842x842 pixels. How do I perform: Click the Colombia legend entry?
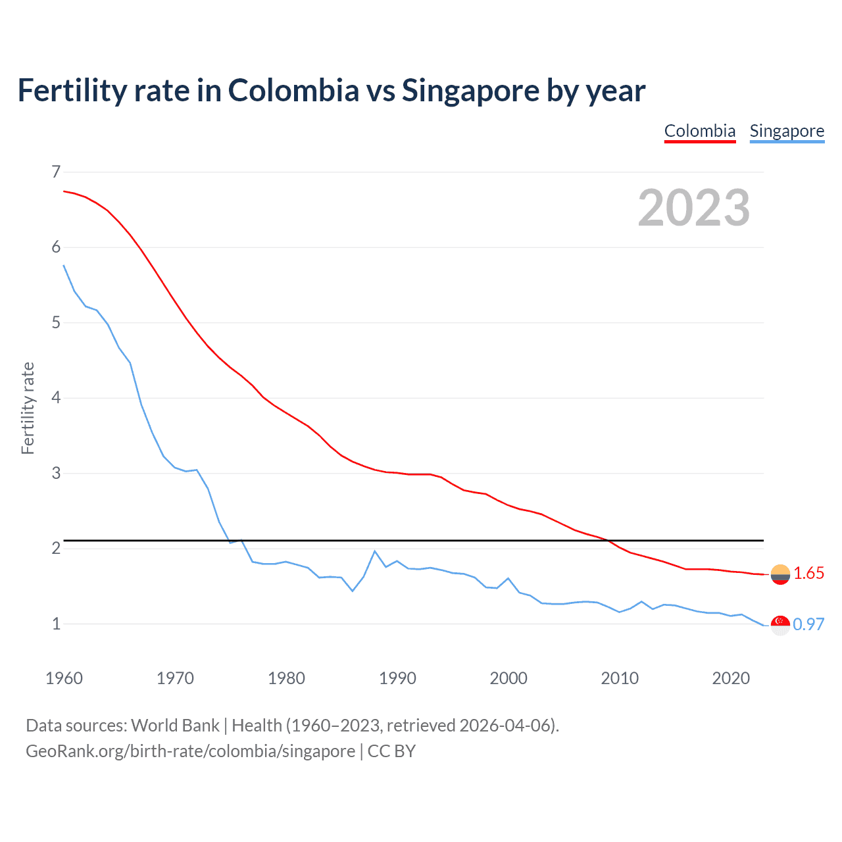coord(699,131)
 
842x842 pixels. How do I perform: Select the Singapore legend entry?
coord(787,131)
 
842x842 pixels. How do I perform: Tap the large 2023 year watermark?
coord(693,208)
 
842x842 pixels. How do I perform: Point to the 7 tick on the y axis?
coord(56,172)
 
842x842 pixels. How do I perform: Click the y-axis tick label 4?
coord(56,398)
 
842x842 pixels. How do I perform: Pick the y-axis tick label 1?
coord(56,624)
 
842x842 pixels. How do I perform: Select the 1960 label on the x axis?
coord(64,678)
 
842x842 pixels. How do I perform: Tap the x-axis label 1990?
coord(397,678)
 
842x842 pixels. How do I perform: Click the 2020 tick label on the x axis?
coord(731,678)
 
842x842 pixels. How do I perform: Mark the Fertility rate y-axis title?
coord(28,408)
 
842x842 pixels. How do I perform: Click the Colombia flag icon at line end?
coord(780,574)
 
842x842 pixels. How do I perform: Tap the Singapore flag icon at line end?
coord(780,625)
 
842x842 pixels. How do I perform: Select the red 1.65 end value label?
coord(808,574)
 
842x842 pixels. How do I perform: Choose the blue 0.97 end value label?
coord(808,624)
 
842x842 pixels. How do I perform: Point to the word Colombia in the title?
coord(293,91)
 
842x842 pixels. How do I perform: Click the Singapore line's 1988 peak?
coord(375,551)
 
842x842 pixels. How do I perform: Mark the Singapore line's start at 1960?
coord(64,265)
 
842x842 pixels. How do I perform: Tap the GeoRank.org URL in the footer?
coord(190,751)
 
